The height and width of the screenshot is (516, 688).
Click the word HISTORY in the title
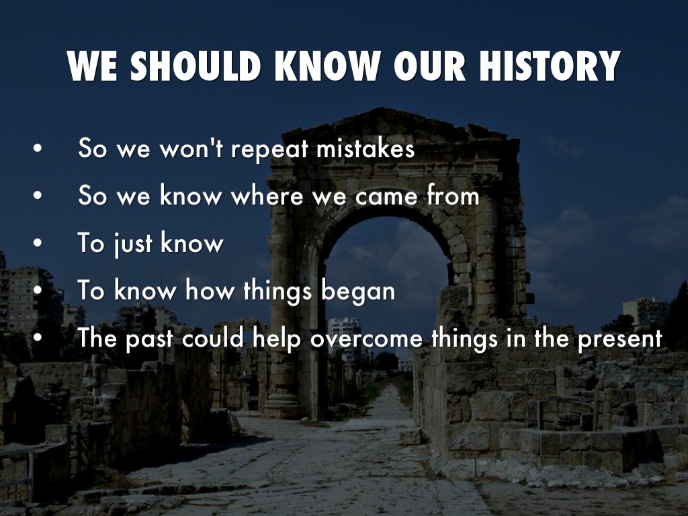point(550,66)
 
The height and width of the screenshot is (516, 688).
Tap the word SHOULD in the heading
point(196,66)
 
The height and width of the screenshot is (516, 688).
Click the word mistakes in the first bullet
point(365,148)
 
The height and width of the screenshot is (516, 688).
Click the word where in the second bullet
point(267,196)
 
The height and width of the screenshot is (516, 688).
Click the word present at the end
point(619,339)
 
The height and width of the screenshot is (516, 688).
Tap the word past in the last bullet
point(149,339)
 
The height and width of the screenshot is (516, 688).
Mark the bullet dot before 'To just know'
point(38,243)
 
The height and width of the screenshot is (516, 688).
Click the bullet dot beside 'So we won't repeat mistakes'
point(38,148)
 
